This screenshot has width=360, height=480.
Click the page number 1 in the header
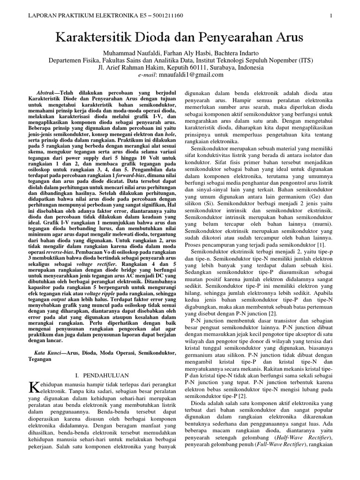coord(331,16)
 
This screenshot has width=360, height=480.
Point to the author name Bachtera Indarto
coord(233,52)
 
